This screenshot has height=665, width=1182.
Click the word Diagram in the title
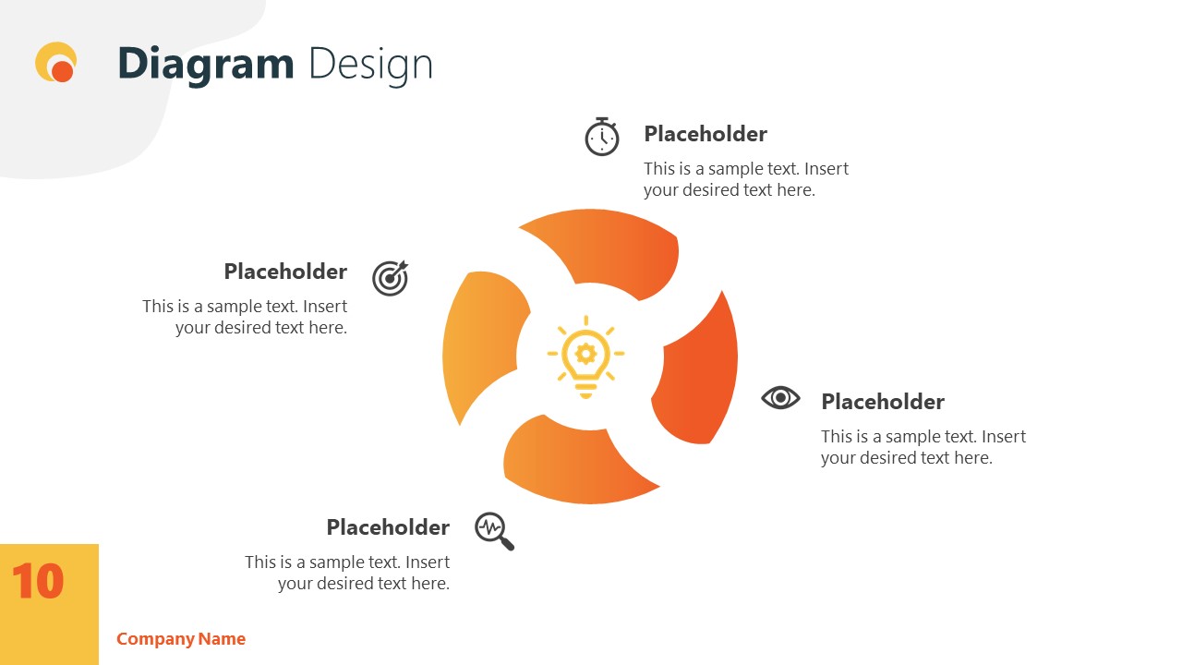[205, 64]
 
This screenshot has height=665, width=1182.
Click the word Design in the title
[370, 64]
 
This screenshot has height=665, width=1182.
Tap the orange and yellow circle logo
[56, 63]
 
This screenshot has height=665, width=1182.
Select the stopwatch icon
[601, 137]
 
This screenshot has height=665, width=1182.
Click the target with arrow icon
[390, 278]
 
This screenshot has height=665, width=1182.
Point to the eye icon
[780, 398]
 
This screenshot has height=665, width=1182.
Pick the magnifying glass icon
[494, 531]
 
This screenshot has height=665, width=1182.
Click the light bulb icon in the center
[585, 357]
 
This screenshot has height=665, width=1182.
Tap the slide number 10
[38, 582]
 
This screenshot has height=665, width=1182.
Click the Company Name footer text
[181, 639]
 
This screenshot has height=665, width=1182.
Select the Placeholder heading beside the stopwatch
[706, 134]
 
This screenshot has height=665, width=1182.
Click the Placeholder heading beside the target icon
[285, 272]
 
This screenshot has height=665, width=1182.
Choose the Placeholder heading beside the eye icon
[883, 402]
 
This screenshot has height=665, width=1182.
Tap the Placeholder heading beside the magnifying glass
[388, 527]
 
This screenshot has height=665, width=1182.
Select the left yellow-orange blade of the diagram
[480, 342]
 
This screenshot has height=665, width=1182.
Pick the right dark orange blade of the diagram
[702, 369]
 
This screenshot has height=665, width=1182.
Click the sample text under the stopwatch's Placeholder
[745, 179]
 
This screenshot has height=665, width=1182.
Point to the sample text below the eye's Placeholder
[923, 447]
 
